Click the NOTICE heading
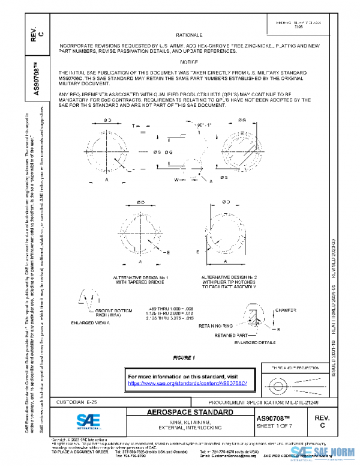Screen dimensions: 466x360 tap(189, 62)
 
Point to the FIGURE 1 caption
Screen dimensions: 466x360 tap(185, 358)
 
